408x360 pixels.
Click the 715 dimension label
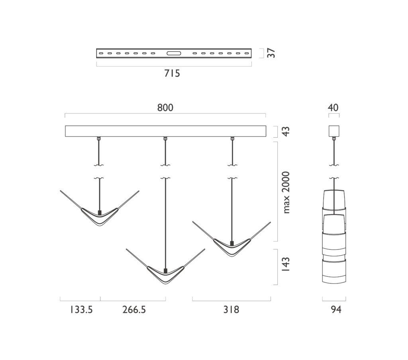pyautogui.click(x=172, y=73)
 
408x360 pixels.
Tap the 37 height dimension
pyautogui.click(x=271, y=53)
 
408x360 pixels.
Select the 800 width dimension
pyautogui.click(x=165, y=108)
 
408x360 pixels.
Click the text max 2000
pyautogui.click(x=286, y=192)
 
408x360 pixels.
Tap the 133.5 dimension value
pyautogui.click(x=81, y=309)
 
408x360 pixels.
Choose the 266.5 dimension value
pyautogui.click(x=134, y=309)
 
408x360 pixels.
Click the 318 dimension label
pyautogui.click(x=231, y=309)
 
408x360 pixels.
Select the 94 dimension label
pyautogui.click(x=336, y=309)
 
